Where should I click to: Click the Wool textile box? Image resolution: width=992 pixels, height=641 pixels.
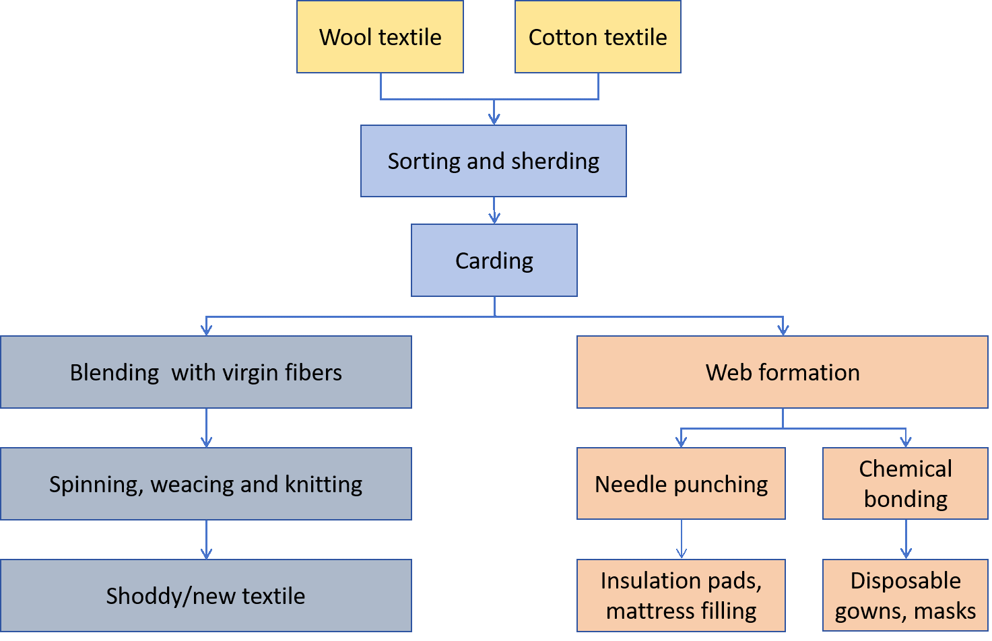(x=380, y=37)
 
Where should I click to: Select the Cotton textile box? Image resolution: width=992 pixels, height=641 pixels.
(x=597, y=37)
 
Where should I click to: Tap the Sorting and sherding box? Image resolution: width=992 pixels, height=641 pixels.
(x=493, y=161)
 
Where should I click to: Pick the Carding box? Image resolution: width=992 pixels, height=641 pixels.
(x=494, y=261)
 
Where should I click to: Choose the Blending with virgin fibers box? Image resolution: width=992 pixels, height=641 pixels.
(x=205, y=372)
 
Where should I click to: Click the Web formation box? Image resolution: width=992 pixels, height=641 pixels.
(x=782, y=372)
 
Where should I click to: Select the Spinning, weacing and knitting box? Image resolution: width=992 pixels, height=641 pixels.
(x=205, y=484)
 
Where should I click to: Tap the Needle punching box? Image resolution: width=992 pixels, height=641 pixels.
(x=681, y=484)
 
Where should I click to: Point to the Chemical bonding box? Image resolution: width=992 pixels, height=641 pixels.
(x=905, y=483)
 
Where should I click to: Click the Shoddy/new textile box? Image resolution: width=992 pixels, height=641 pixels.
(x=205, y=596)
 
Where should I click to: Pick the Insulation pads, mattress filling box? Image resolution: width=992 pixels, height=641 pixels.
(x=681, y=596)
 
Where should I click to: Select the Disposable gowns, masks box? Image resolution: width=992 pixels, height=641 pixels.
(x=905, y=596)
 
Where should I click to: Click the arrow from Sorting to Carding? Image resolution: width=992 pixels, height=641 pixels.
(x=494, y=211)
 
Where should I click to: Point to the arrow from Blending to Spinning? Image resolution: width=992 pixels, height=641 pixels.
(x=206, y=428)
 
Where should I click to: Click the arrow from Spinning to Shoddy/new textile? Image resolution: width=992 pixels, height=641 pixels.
(x=206, y=540)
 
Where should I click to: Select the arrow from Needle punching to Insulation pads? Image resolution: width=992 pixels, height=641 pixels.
(x=682, y=540)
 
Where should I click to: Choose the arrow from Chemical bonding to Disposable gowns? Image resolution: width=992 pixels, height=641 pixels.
(x=906, y=540)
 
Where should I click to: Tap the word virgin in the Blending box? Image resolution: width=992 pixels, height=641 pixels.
(x=257, y=373)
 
